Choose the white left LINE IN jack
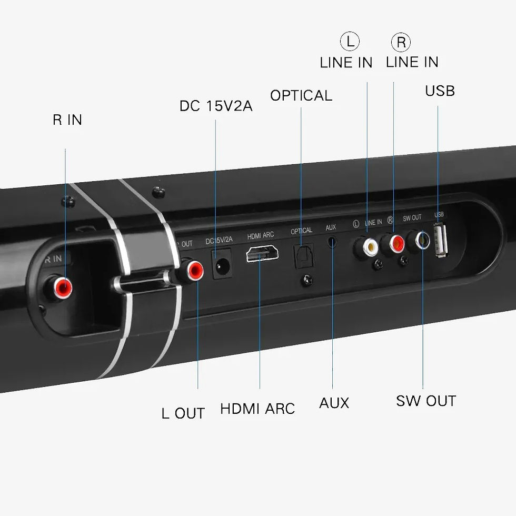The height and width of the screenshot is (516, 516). point(367,245)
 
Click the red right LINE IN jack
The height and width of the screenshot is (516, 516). point(394,243)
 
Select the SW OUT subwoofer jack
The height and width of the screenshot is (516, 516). point(422,240)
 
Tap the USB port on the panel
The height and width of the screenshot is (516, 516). point(441,240)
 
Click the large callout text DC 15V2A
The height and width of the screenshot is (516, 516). point(216,106)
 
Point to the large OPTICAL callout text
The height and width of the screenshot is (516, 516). point(301,95)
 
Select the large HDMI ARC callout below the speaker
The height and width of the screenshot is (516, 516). point(257,409)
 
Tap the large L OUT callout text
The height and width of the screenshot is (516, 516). point(183,413)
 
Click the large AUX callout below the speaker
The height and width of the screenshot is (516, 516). point(334,403)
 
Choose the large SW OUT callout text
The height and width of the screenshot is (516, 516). point(426,401)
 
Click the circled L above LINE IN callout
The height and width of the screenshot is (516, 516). point(349,42)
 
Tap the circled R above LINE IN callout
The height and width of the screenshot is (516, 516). point(401,42)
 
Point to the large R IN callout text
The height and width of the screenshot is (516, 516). point(67,120)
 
